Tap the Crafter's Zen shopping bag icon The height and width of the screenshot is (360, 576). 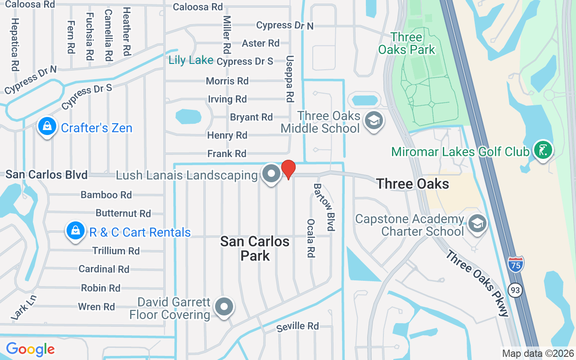coord(47,127)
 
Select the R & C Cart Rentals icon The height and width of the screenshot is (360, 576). coord(75,231)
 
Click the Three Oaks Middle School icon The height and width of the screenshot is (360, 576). coord(373,121)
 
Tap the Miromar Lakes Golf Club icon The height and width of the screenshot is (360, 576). coord(543,150)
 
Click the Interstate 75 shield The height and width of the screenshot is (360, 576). coord(516,264)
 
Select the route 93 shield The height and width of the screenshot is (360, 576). coord(516,290)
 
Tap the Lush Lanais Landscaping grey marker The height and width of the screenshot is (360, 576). coord(271,174)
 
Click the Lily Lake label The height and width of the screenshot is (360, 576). coord(191,60)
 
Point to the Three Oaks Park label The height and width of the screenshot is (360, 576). coord(407,43)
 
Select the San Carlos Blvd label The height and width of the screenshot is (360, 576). coord(46,175)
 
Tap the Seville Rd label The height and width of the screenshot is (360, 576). coord(297,326)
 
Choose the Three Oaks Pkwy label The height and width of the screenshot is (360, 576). coord(477,283)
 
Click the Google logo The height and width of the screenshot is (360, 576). coord(30,349)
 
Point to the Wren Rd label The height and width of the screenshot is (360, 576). coord(96,307)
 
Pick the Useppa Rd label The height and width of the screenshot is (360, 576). coord(290,79)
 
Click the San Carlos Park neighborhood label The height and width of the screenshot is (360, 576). coord(255,248)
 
